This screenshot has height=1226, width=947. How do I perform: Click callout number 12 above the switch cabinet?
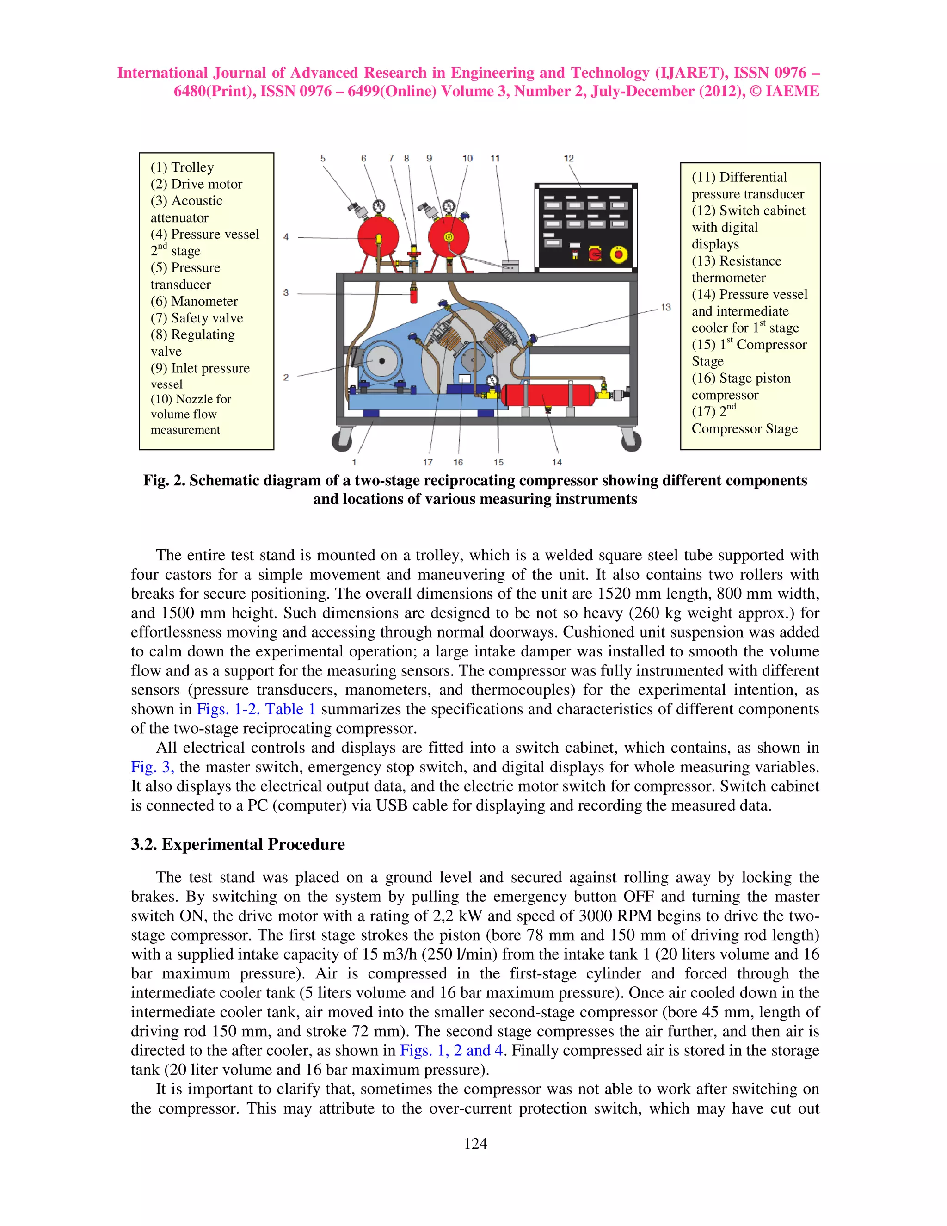point(569,159)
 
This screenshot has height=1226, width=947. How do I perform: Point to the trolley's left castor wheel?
point(342,440)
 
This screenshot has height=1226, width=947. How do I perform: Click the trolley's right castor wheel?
point(631,440)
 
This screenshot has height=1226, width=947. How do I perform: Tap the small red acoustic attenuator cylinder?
point(414,295)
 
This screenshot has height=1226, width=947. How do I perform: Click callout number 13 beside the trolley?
point(666,308)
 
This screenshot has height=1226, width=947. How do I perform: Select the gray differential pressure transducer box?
point(510,265)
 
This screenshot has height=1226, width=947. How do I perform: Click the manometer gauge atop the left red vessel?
point(379,207)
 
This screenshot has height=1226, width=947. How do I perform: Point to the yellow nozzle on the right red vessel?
point(449,237)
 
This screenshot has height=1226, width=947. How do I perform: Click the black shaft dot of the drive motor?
point(382,360)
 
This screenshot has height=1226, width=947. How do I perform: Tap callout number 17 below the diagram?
point(428,463)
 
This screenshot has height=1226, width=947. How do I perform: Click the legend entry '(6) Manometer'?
point(194,302)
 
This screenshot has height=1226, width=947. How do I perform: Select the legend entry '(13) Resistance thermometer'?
point(736,269)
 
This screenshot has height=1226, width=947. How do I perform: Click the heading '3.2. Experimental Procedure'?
point(238,844)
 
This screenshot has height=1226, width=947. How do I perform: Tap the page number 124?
point(475,1144)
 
